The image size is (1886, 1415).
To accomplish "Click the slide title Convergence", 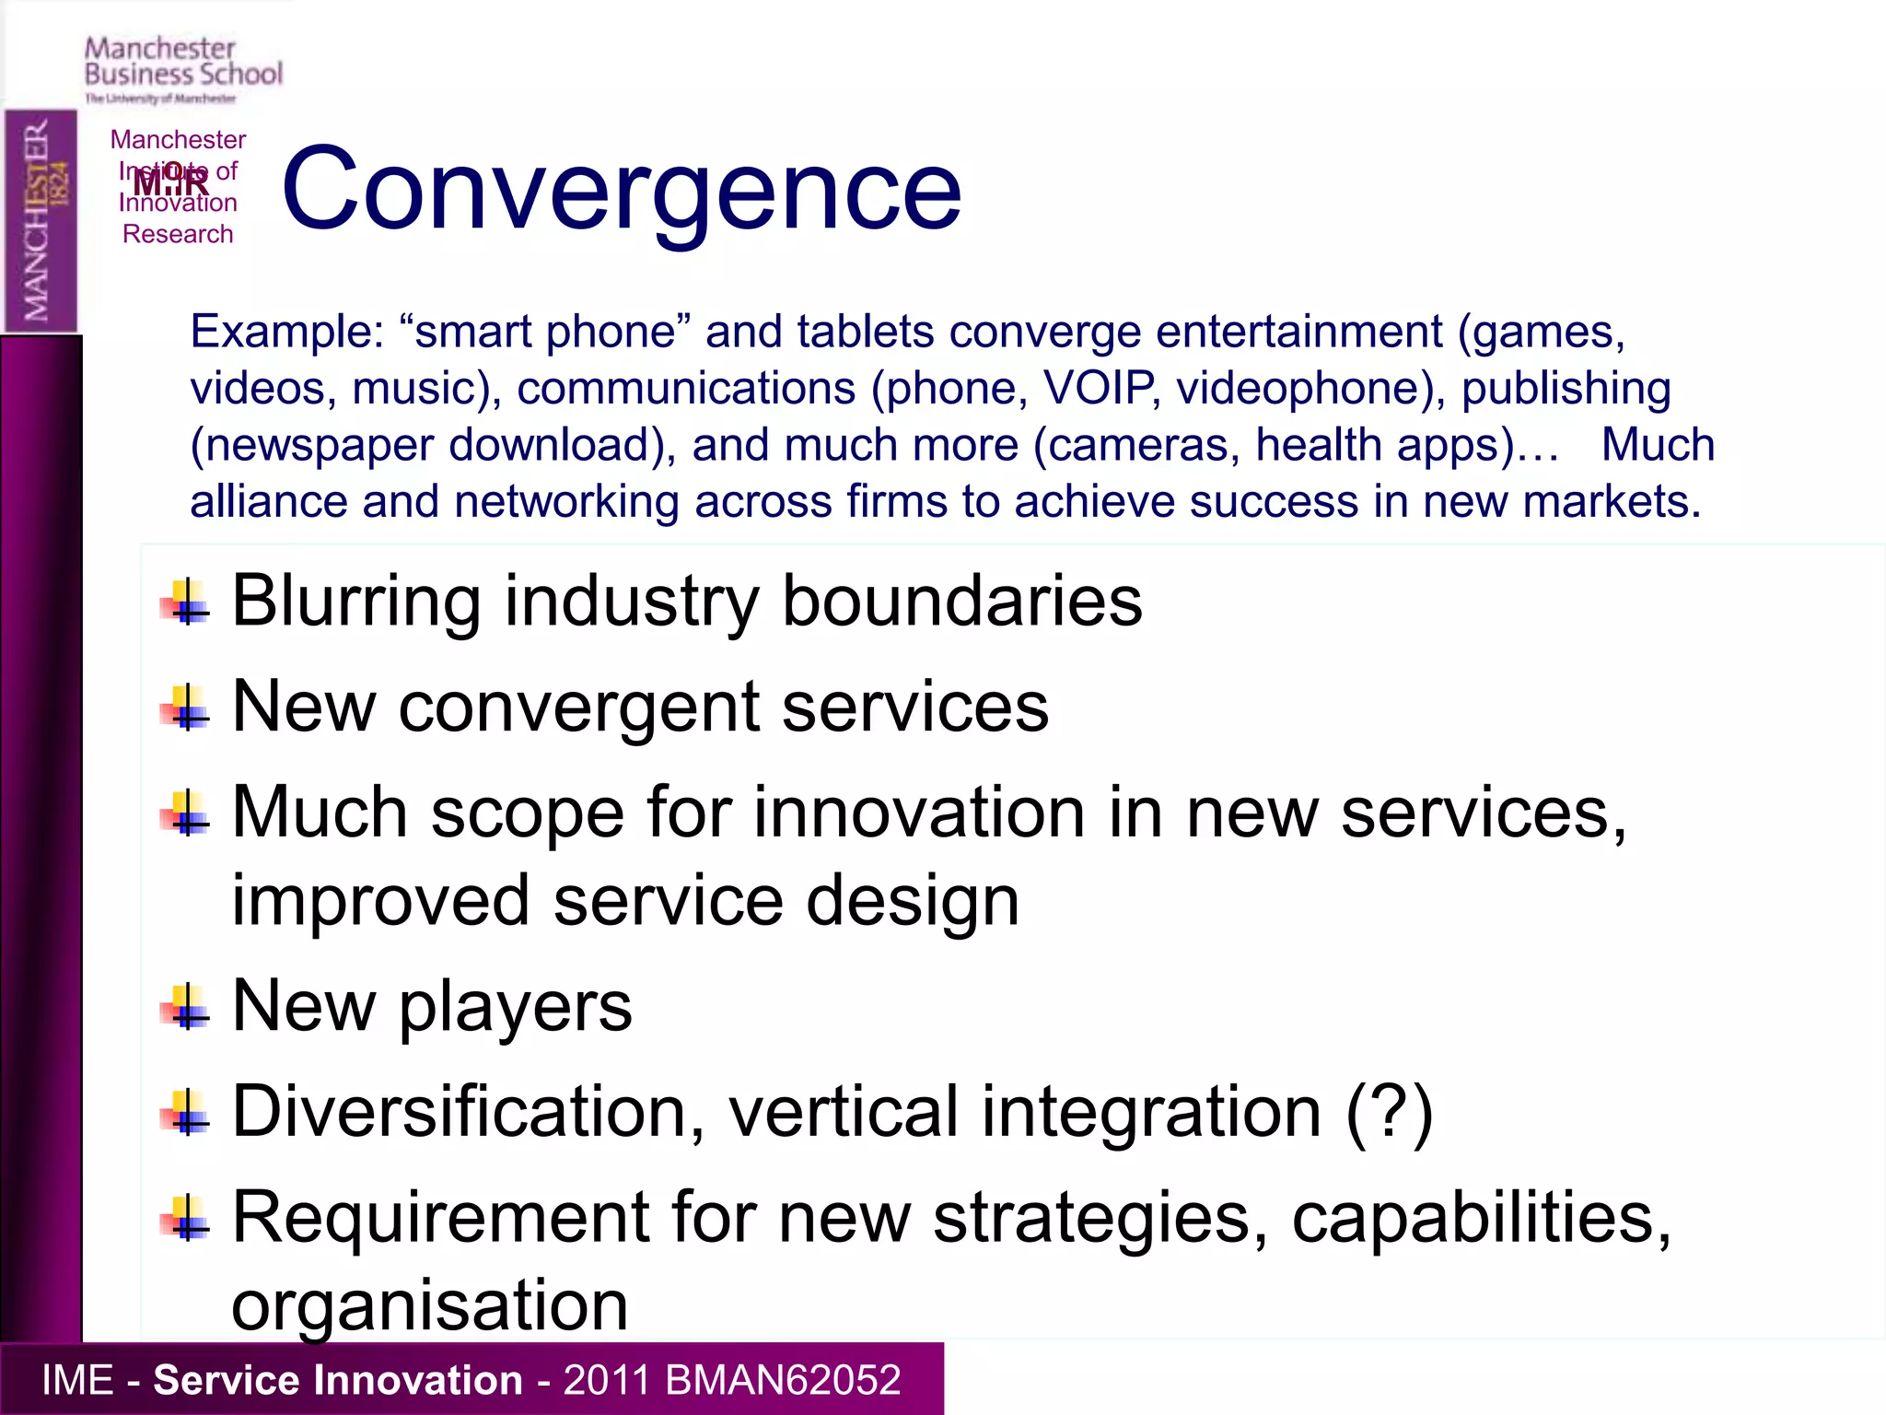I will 622,192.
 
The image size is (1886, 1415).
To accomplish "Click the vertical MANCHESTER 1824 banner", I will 41,221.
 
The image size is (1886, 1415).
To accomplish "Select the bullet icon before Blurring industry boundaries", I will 187,603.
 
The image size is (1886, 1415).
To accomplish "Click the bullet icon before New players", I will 187,1008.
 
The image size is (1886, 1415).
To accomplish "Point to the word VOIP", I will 1098,388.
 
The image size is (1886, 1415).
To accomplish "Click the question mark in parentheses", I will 1389,1112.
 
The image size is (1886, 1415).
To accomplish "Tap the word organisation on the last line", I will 429,1305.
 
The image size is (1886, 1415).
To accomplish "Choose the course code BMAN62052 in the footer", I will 782,1380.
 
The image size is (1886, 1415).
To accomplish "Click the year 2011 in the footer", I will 608,1380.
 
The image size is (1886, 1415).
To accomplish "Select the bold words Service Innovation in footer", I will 337,1380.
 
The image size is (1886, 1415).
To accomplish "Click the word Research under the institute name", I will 178,234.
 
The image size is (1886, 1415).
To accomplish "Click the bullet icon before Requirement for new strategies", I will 187,1220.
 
